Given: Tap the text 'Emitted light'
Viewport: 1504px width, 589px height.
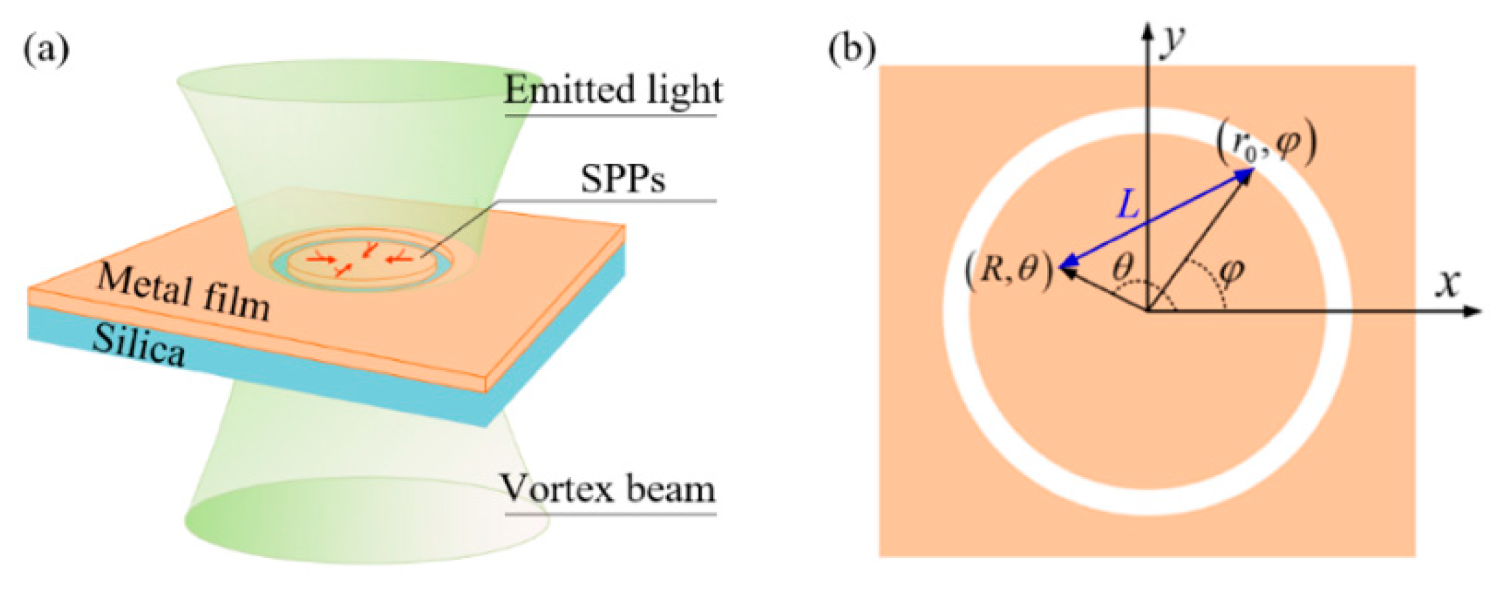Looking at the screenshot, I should (613, 90).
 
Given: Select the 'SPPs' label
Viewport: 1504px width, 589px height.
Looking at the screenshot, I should (623, 179).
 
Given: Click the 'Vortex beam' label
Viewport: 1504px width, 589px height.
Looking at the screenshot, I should (608, 489).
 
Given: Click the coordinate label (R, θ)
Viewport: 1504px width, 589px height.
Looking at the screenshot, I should (1009, 272).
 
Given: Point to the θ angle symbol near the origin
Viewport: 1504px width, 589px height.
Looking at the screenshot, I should (1121, 267).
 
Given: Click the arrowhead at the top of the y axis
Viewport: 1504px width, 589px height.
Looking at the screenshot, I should (1146, 30).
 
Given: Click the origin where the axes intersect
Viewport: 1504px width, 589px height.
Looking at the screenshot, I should (1147, 311).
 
